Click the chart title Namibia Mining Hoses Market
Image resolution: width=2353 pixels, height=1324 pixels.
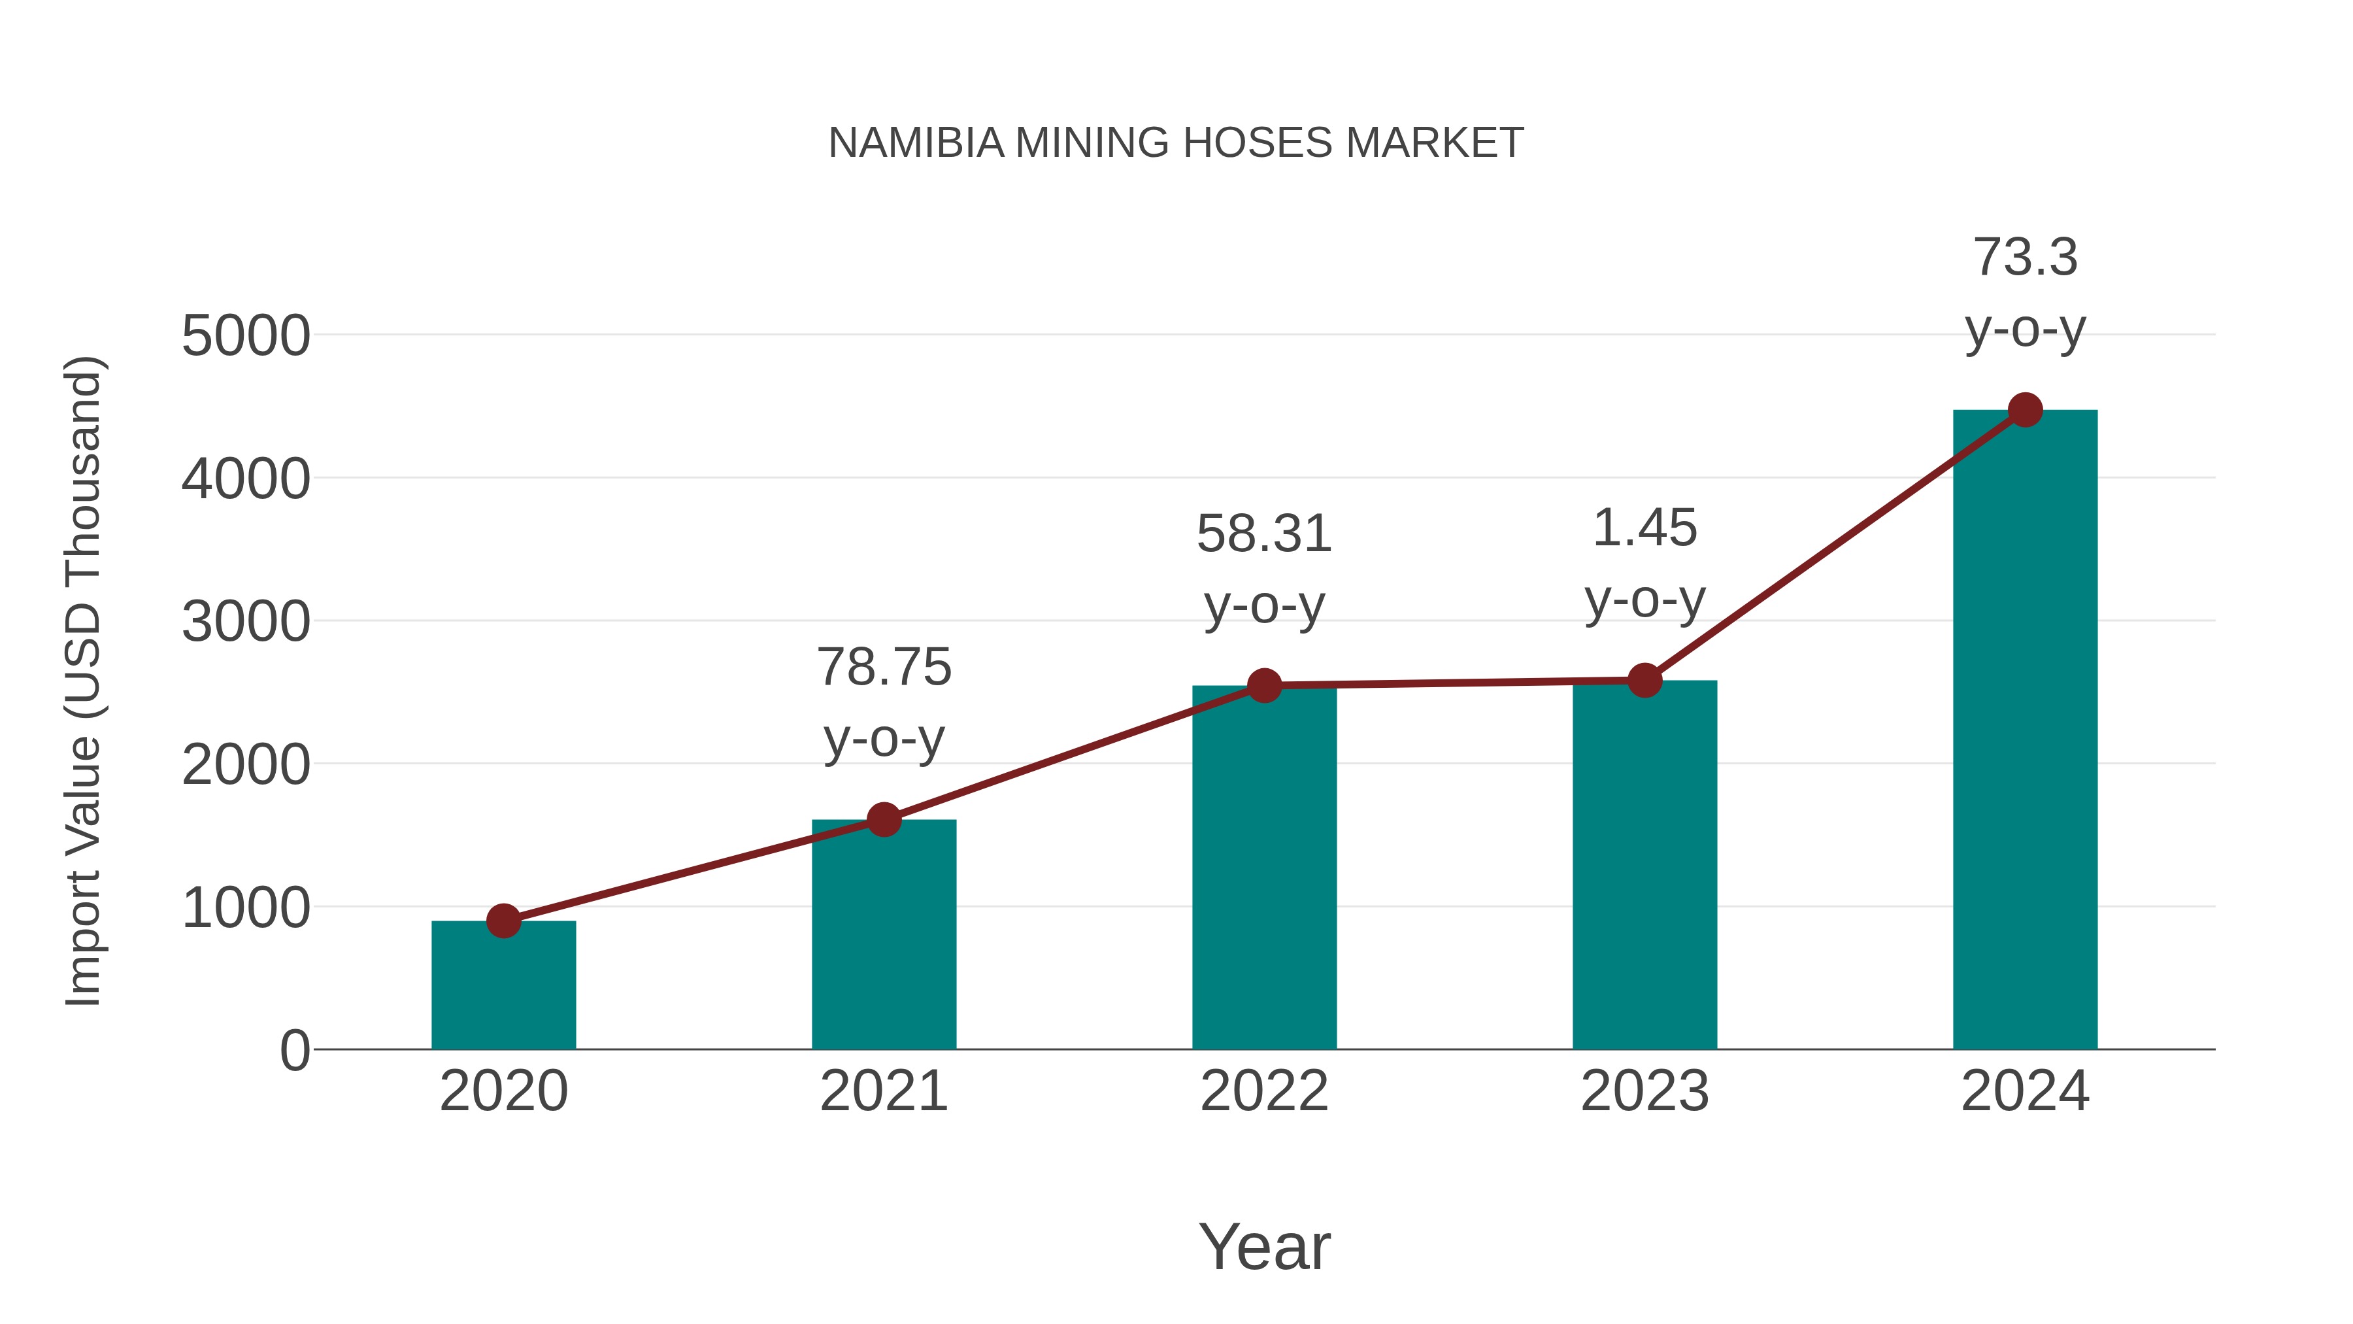(1176, 143)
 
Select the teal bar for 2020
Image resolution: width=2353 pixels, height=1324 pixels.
(503, 987)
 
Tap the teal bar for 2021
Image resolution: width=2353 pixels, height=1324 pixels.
(883, 936)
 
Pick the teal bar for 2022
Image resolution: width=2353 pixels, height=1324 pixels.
(1264, 868)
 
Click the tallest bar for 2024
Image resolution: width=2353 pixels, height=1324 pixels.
(2025, 731)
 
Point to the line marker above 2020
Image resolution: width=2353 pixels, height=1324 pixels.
(503, 921)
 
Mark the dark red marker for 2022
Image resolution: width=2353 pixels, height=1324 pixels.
(1264, 685)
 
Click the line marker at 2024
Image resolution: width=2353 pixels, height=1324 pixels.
(2025, 410)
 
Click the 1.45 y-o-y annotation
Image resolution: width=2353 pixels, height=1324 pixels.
(1644, 563)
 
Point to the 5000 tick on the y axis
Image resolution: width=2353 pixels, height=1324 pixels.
(246, 336)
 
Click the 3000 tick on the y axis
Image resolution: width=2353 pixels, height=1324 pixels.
(246, 622)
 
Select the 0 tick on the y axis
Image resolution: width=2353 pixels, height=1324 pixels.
(294, 1051)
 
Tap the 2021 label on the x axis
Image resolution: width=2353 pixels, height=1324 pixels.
(883, 1091)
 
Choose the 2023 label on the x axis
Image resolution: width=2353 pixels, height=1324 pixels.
(1644, 1091)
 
